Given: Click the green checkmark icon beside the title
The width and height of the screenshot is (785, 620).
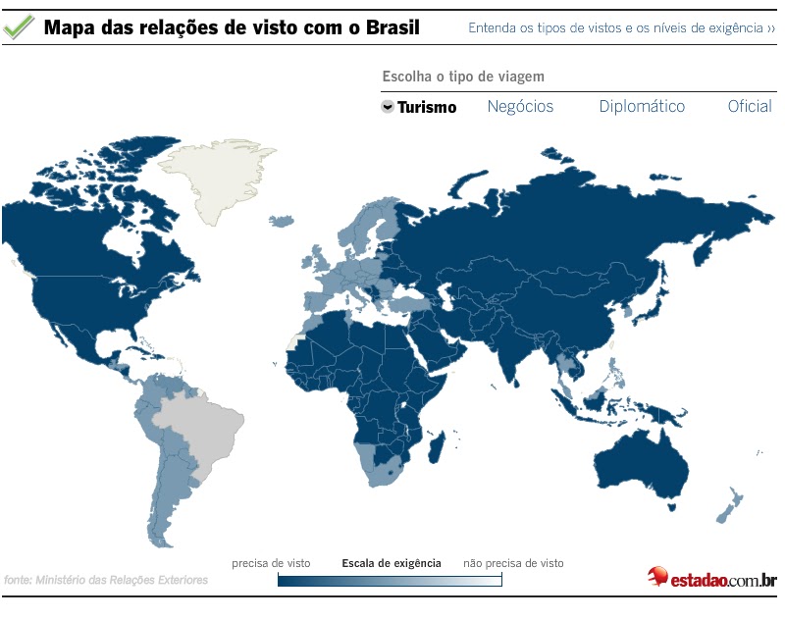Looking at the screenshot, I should tap(19, 27).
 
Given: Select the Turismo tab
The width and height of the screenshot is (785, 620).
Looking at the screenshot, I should tap(427, 108).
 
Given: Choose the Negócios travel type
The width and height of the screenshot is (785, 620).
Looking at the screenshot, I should tap(520, 107).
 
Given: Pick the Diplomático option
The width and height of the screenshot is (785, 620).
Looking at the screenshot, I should tap(642, 107).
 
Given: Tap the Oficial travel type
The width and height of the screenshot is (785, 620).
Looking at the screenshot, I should tap(750, 107).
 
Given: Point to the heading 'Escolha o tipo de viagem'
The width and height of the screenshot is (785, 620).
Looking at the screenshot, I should tap(462, 77).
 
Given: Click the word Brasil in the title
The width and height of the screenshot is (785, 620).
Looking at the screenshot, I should tap(391, 27).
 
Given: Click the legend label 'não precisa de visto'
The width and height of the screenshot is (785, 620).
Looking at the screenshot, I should tap(513, 564).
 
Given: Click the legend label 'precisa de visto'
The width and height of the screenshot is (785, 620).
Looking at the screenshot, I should tap(271, 564).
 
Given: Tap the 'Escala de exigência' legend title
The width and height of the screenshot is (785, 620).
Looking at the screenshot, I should tap(391, 564).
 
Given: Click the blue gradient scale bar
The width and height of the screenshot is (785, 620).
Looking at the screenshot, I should tap(390, 580).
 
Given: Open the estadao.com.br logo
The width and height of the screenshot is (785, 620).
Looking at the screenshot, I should tap(711, 578).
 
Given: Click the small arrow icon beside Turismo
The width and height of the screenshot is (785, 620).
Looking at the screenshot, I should tap(388, 107).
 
